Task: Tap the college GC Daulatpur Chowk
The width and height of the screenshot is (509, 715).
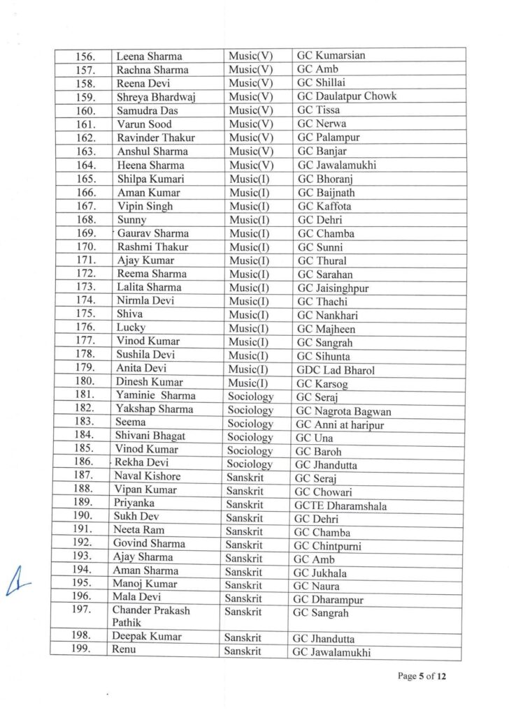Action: point(347,96)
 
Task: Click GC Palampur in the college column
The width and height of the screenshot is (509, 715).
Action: point(327,138)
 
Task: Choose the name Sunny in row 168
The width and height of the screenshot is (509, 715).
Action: point(131,220)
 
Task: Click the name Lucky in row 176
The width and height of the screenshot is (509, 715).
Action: point(130,328)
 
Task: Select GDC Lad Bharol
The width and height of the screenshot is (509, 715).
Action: point(336,369)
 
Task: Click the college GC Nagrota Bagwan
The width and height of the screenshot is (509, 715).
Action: point(342,410)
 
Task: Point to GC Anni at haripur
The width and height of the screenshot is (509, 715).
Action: point(339,424)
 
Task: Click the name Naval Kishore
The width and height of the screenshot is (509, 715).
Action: point(147,477)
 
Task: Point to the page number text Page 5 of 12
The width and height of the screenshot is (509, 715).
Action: point(422,676)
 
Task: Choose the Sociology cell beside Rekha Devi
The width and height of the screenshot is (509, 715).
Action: point(250,464)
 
